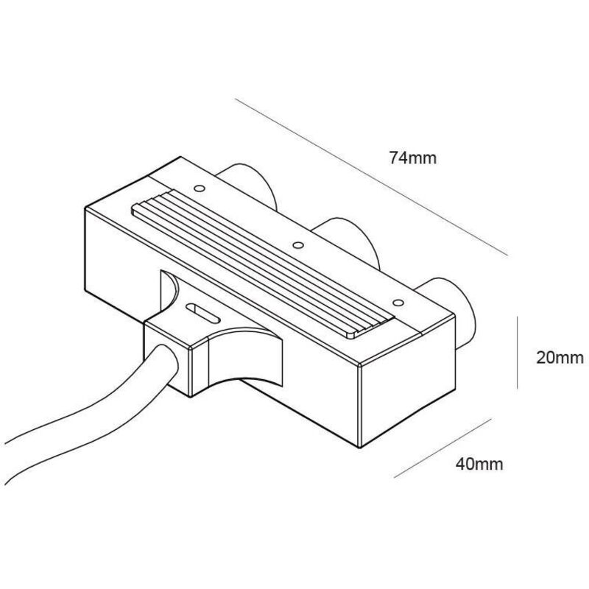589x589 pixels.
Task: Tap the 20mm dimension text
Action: coord(559,358)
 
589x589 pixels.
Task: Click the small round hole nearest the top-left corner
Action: coord(198,187)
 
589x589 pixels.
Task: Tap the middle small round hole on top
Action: coord(297,244)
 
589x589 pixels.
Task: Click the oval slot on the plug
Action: coord(201,312)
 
